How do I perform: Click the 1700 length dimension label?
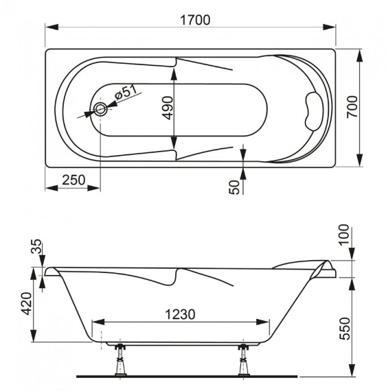[195, 20]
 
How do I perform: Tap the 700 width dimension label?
[352, 107]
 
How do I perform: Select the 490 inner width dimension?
[168, 108]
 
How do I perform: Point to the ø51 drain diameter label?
[126, 93]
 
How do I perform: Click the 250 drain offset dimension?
[73, 180]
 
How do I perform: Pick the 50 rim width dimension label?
[234, 187]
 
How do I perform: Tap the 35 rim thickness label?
[36, 246]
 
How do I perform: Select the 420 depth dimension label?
[27, 303]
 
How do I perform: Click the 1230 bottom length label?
[180, 314]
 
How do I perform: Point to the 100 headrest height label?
[344, 235]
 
